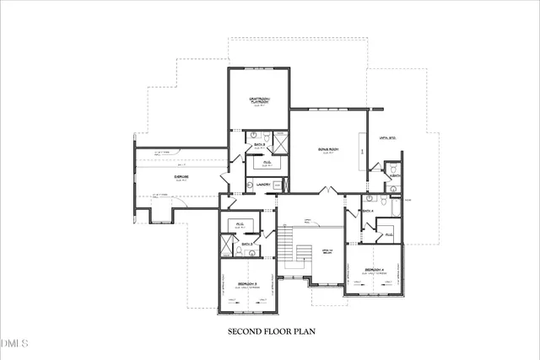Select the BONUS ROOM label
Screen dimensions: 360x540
pos(328,149)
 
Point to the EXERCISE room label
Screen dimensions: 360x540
pos(181,176)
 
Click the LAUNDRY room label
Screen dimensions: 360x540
pos(262,183)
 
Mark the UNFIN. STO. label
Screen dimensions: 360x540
pos(387,137)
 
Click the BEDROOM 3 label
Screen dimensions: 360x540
pos(246,283)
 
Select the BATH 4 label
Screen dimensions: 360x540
pos(368,210)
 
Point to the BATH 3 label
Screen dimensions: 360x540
pos(247,244)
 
